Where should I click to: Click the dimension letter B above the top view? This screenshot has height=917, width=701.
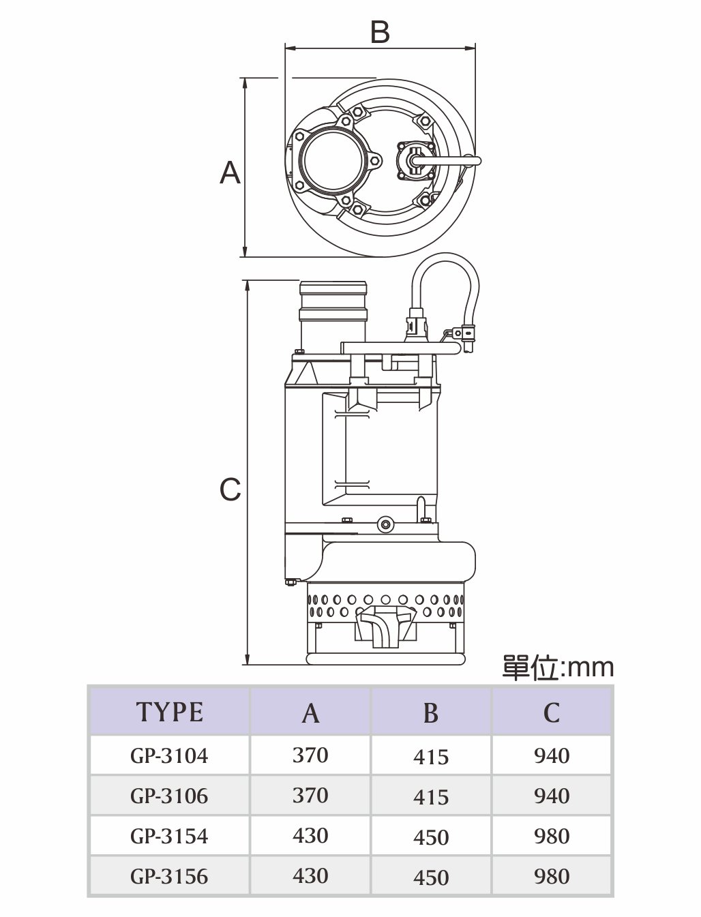pyautogui.click(x=380, y=32)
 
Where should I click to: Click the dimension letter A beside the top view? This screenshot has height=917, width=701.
pyautogui.click(x=230, y=172)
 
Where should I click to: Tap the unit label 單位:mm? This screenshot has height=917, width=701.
pyautogui.click(x=558, y=667)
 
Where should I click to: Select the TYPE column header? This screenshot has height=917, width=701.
pyautogui.click(x=170, y=712)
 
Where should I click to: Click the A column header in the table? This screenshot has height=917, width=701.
pyautogui.click(x=310, y=712)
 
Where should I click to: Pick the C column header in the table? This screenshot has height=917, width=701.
pyautogui.click(x=552, y=712)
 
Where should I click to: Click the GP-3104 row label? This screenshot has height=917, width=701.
pyautogui.click(x=169, y=756)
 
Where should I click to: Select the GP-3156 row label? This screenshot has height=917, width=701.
pyautogui.click(x=169, y=876)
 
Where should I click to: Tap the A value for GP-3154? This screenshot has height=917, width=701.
pyautogui.click(x=310, y=836)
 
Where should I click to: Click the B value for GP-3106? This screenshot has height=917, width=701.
pyautogui.click(x=431, y=797)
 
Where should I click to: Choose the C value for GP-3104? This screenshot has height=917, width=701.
pyautogui.click(x=552, y=756)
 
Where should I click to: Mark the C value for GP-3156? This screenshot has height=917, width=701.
pyautogui.click(x=552, y=876)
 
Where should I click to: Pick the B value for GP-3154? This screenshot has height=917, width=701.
pyautogui.click(x=431, y=837)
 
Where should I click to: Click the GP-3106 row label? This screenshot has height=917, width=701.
pyautogui.click(x=169, y=796)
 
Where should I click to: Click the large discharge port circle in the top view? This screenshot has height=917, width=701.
pyautogui.click(x=327, y=160)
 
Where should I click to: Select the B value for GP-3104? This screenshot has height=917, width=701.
pyautogui.click(x=431, y=757)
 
